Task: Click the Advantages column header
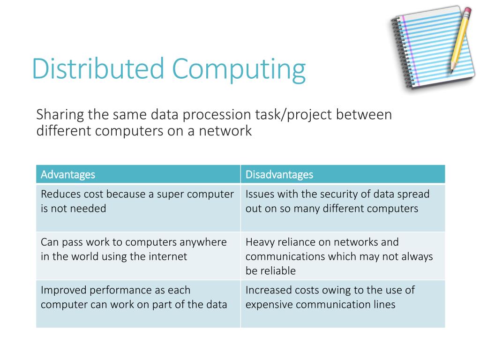pyautogui.click(x=67, y=174)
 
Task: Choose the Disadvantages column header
pyautogui.click(x=279, y=174)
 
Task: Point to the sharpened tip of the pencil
pyautogui.click(x=452, y=71)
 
